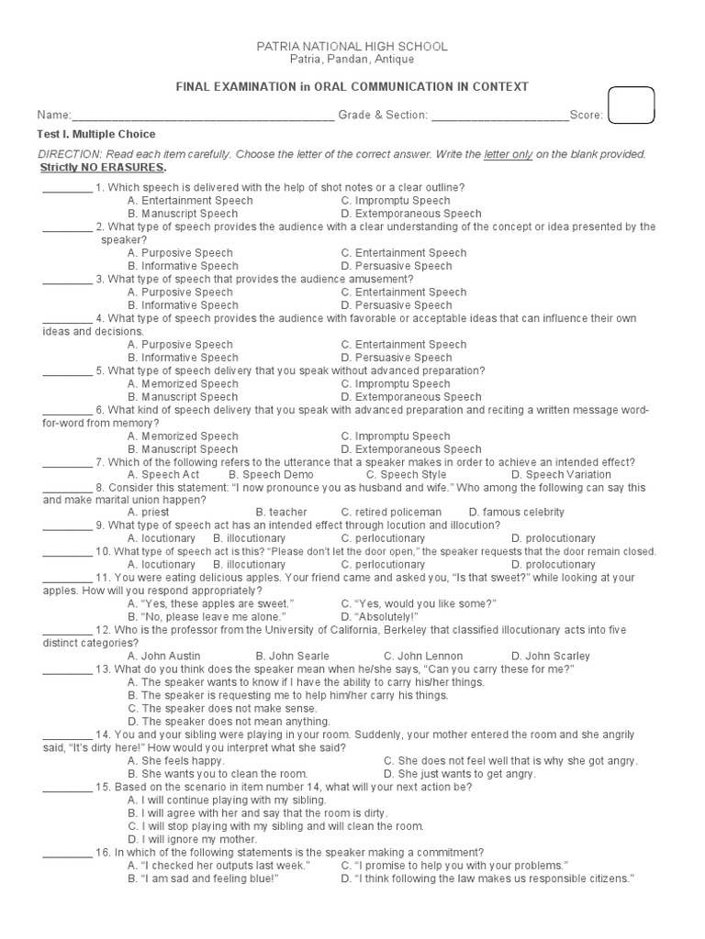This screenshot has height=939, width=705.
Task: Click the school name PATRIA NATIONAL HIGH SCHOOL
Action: (352, 46)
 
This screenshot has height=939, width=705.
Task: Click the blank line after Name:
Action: (203, 116)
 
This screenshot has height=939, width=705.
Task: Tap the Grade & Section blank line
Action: (499, 116)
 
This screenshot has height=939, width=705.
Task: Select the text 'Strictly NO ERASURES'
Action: (103, 168)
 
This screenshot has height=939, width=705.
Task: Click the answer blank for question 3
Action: (67, 280)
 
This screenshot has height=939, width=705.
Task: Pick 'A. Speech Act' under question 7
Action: (163, 475)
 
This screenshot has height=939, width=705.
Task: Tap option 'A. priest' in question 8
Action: (149, 512)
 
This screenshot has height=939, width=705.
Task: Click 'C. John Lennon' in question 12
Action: (423, 656)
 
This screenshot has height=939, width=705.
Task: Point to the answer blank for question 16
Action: (67, 853)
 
